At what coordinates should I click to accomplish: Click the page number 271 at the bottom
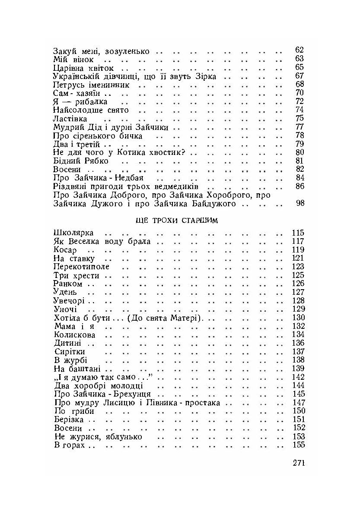click(299, 463)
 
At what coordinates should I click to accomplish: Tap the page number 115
click(298, 233)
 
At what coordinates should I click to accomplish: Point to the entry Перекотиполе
click(76, 267)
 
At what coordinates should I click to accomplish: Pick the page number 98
click(300, 203)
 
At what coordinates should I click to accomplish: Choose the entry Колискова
click(75, 335)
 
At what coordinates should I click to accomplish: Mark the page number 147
click(298, 403)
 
